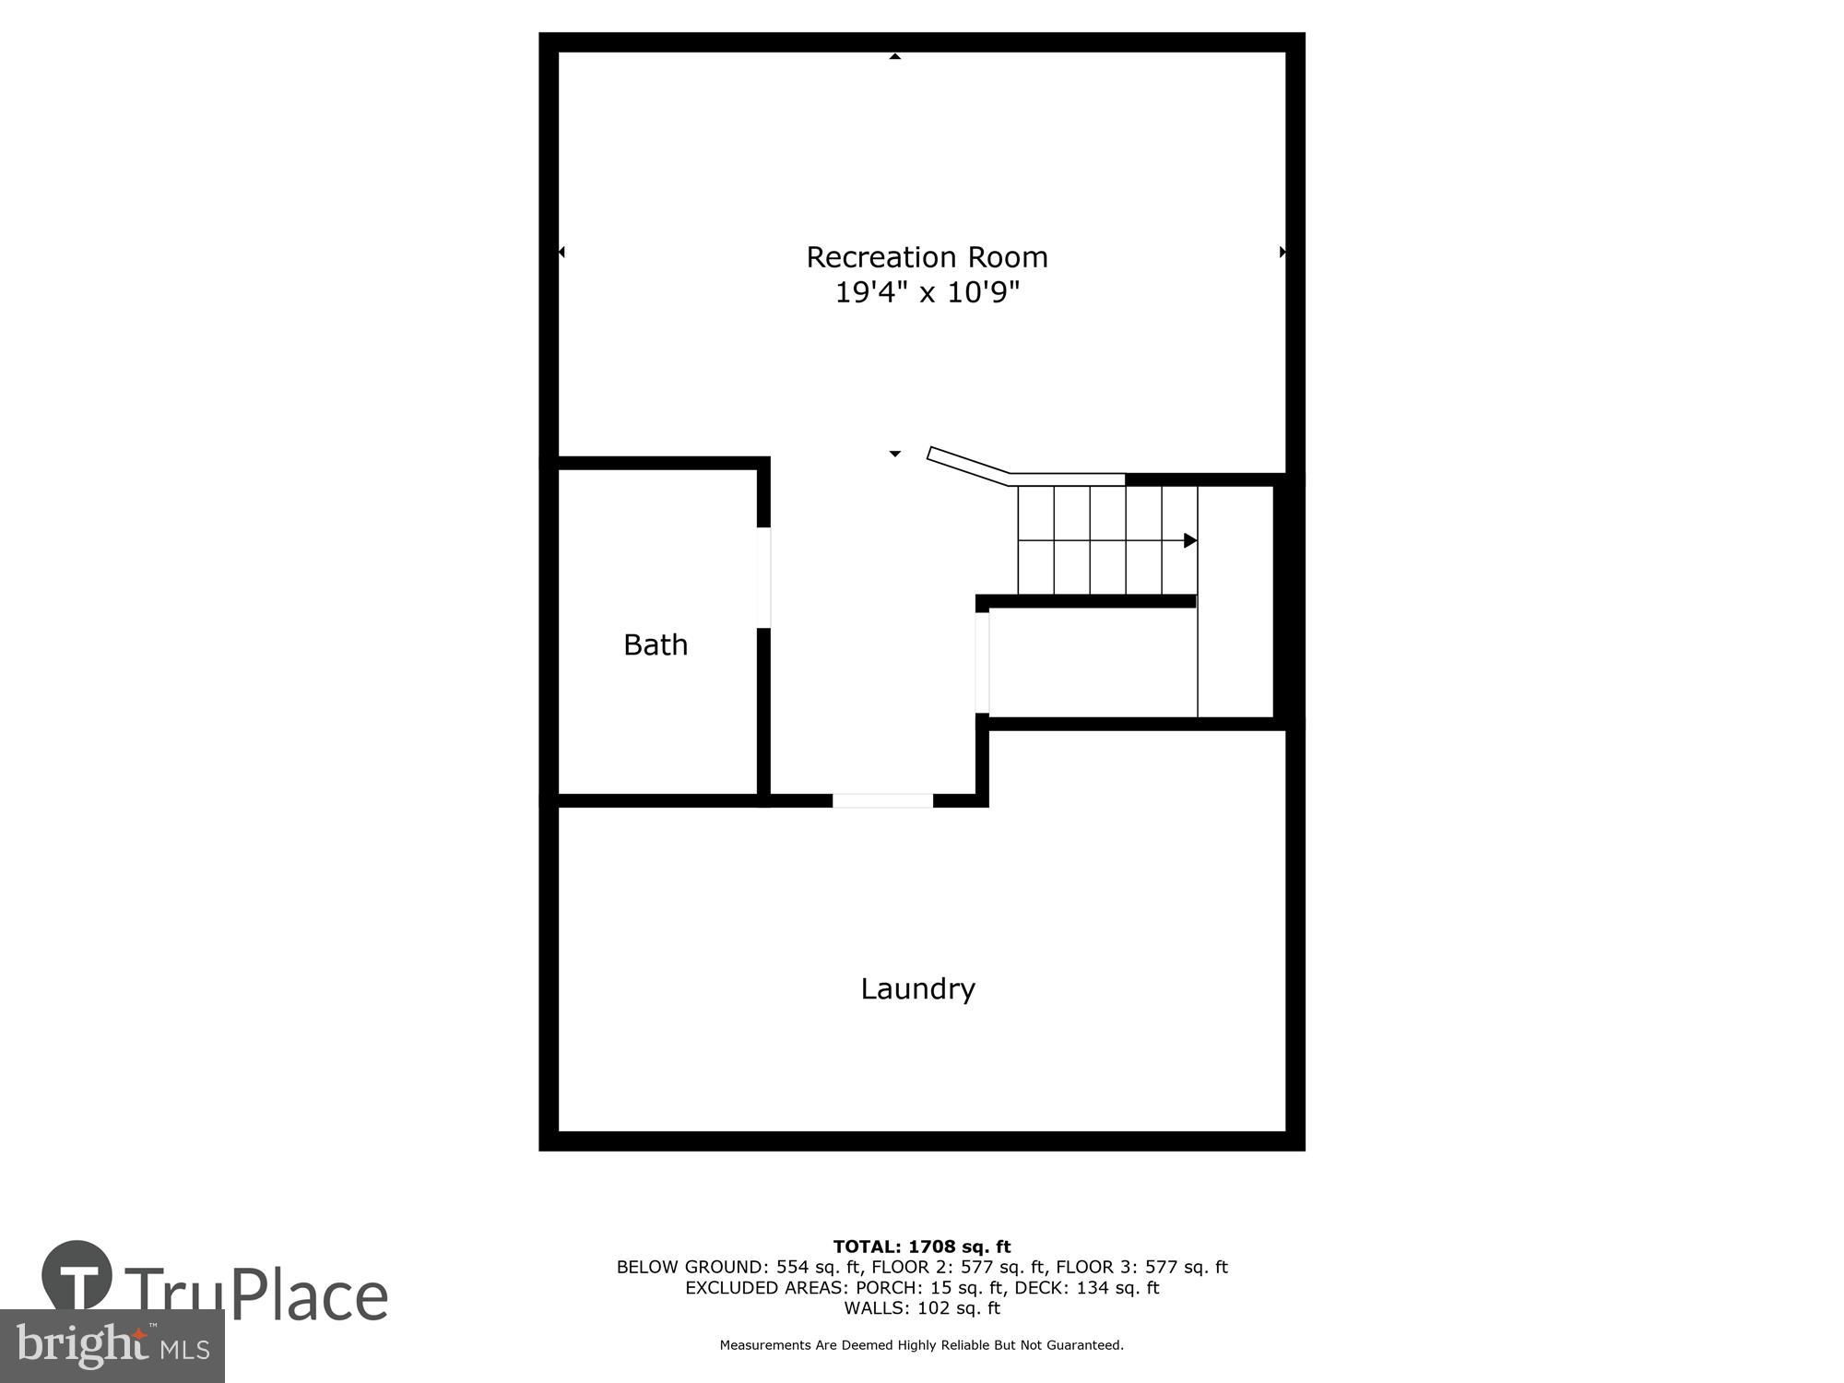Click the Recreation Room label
coord(927,257)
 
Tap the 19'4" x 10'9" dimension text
coord(927,293)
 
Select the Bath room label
coord(656,644)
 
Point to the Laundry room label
coord(917,988)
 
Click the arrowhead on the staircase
coord(1189,540)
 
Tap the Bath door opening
coord(763,577)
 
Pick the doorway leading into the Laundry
coord(882,800)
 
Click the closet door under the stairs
coord(982,663)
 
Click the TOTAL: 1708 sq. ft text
coord(922,1247)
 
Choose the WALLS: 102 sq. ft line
coord(922,1308)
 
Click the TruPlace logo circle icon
coord(77,1277)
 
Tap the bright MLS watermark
coord(112,1346)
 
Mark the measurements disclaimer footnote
coord(922,1345)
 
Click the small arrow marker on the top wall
coord(894,56)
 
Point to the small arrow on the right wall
coord(1283,252)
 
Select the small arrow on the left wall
coord(561,252)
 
